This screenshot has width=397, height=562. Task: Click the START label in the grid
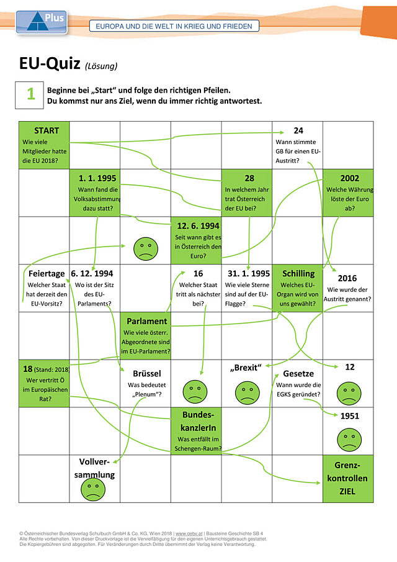tap(47, 130)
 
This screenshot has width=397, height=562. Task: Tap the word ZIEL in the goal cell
tap(347, 491)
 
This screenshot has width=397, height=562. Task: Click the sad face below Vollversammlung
tap(93, 489)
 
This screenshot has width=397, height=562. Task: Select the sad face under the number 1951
tap(349, 440)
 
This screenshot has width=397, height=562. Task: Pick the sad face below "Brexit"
tap(247, 392)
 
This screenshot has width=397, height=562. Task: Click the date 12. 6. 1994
tap(198, 226)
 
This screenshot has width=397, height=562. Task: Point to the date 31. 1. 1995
tap(249, 273)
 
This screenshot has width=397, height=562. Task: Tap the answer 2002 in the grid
tap(349, 178)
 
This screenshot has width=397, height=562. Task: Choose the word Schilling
tap(298, 274)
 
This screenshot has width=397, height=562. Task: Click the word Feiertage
tap(47, 274)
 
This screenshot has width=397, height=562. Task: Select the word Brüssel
tap(147, 373)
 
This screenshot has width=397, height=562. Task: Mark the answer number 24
tap(298, 130)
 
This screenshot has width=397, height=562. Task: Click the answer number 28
tap(249, 178)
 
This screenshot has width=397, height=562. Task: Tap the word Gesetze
tap(298, 373)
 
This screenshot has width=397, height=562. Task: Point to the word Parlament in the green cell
tap(147, 321)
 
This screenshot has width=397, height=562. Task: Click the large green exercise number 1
tap(31, 94)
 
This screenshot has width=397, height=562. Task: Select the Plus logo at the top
tap(42, 22)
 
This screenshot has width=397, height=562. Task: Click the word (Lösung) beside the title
tap(101, 66)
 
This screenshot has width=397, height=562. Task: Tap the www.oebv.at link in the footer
tap(189, 533)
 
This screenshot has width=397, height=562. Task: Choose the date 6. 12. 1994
tap(92, 273)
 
